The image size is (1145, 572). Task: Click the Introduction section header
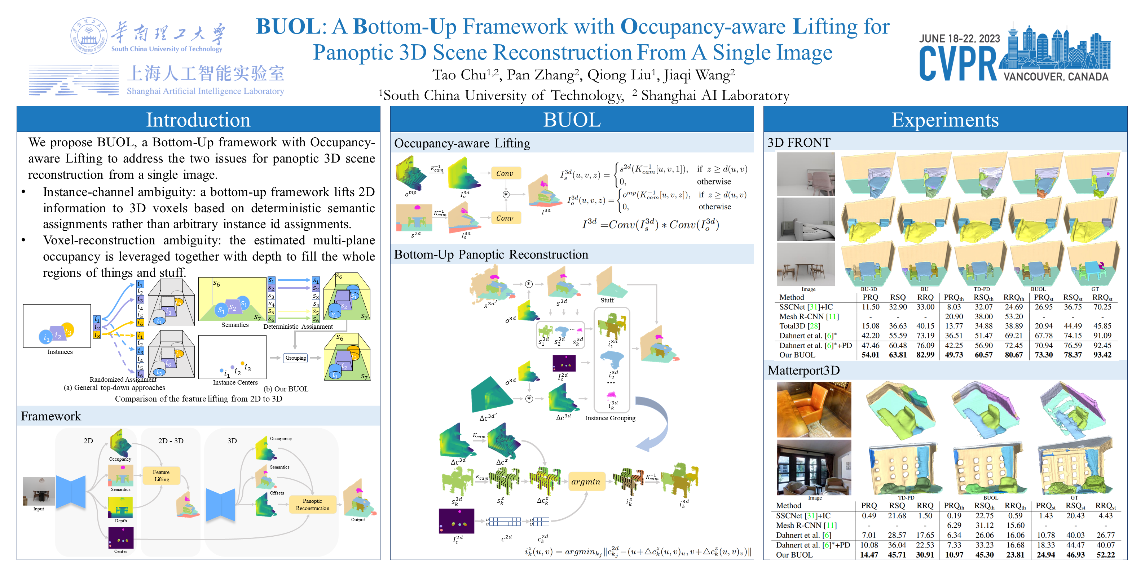(x=198, y=120)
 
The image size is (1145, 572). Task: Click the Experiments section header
(x=945, y=120)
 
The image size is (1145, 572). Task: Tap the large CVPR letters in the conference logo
(x=958, y=65)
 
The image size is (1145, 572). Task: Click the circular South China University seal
(x=89, y=36)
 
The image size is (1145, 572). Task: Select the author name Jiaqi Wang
(x=699, y=75)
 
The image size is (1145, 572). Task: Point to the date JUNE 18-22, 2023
(x=959, y=39)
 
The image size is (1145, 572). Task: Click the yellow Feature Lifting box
(x=161, y=476)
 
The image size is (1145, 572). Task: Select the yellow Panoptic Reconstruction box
(x=312, y=505)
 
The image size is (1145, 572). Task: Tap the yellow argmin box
(x=586, y=482)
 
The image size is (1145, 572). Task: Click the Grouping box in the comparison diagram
(x=296, y=358)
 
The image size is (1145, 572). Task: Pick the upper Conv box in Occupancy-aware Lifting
(x=505, y=174)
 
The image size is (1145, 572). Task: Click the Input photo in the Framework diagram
(x=39, y=491)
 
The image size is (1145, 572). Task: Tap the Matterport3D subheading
(x=803, y=371)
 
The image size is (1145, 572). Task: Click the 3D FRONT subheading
(x=799, y=143)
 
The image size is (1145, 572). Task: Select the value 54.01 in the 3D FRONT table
(x=870, y=355)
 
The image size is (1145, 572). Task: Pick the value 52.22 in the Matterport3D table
(x=1105, y=555)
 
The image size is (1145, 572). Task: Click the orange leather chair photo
(x=814, y=409)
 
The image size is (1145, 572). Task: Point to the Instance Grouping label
(x=610, y=418)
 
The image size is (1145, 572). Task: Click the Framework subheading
(x=51, y=416)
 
